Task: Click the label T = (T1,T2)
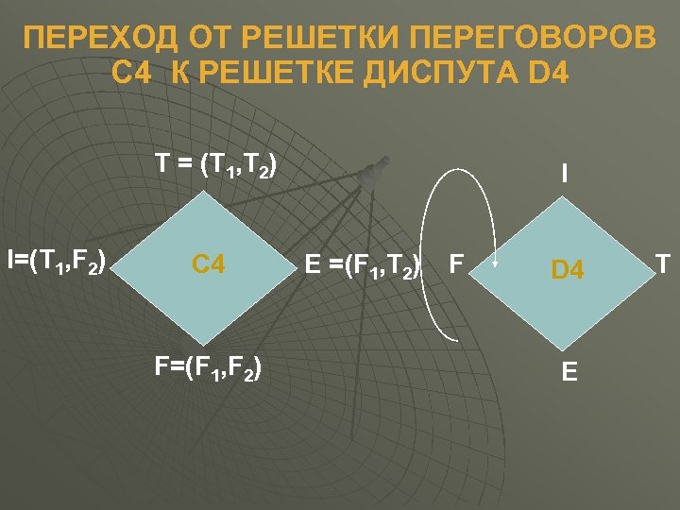pyautogui.click(x=216, y=167)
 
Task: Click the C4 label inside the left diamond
pyautogui.click(x=208, y=263)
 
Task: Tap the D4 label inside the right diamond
pyautogui.click(x=568, y=272)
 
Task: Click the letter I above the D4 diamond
pyautogui.click(x=564, y=174)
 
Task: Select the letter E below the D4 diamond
pyautogui.click(x=569, y=372)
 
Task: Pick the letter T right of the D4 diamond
pyautogui.click(x=664, y=263)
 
